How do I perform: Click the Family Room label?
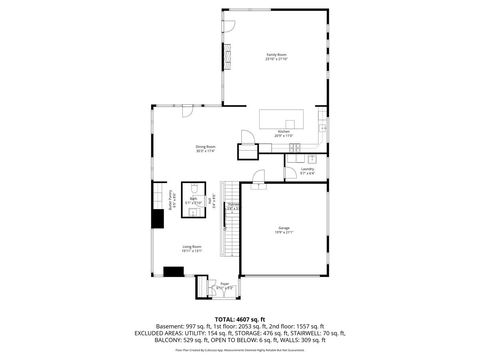click(276, 55)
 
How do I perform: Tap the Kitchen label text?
click(283, 131)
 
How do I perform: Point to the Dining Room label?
click(205, 149)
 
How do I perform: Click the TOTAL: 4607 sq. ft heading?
click(241, 318)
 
